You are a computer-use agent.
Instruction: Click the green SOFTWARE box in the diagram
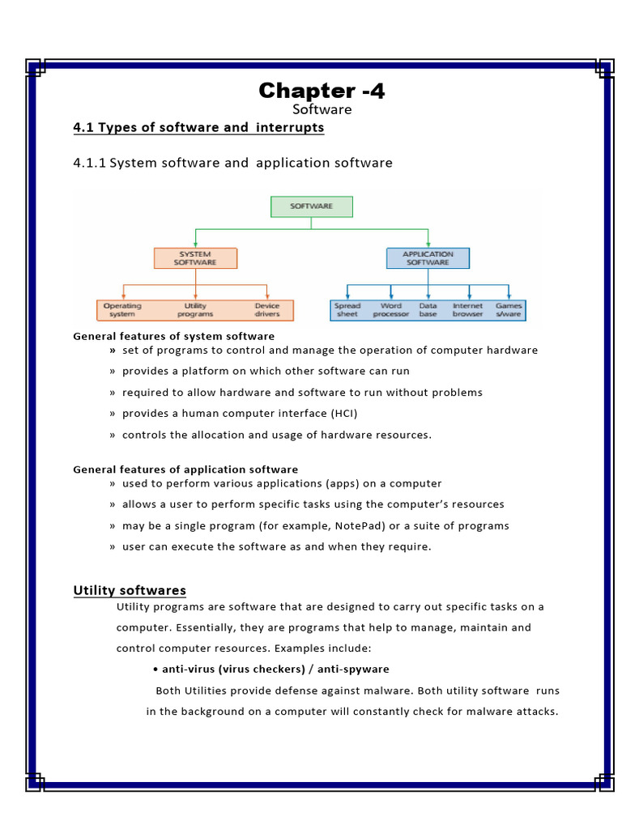click(x=311, y=206)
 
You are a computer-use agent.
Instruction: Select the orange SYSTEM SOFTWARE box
click(x=195, y=258)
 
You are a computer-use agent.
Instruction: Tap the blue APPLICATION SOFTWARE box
click(x=428, y=258)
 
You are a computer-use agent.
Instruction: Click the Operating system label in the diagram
click(x=122, y=310)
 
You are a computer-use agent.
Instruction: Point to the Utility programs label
click(x=195, y=310)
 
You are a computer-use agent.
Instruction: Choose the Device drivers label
click(x=267, y=310)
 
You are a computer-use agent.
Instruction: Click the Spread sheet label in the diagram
click(x=347, y=310)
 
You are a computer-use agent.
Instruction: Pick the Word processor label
click(x=390, y=310)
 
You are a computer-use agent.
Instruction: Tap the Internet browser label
click(x=467, y=310)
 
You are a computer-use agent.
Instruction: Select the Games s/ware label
click(x=509, y=310)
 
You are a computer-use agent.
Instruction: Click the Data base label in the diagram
click(x=428, y=310)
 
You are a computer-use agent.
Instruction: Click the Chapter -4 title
click(x=322, y=91)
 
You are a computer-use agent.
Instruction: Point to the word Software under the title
click(x=322, y=109)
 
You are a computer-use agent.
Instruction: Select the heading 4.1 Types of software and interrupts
click(x=198, y=128)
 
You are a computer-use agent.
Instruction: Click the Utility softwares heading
click(x=130, y=590)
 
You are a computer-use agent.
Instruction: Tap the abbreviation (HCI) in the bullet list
click(x=343, y=414)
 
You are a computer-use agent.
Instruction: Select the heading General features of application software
click(x=185, y=470)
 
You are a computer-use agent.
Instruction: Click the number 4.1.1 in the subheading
click(x=89, y=163)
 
